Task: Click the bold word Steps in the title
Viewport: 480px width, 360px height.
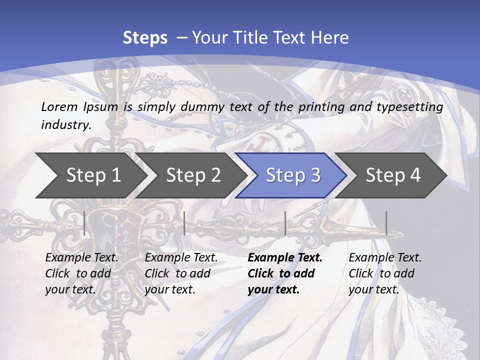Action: click(145, 37)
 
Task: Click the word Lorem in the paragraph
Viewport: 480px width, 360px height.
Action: click(58, 106)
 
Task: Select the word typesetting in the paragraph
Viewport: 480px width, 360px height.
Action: click(414, 106)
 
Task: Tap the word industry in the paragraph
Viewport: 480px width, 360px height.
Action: click(65, 124)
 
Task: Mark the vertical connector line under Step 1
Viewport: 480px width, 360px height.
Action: click(84, 223)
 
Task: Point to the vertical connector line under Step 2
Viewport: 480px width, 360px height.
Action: click(184, 223)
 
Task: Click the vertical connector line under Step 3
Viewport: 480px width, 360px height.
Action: click(285, 223)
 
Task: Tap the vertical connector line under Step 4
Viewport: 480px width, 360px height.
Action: click(386, 223)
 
